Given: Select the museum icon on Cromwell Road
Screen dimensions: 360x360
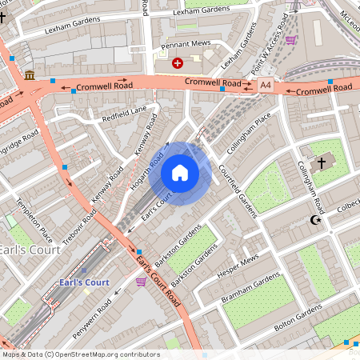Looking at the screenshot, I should click(x=30, y=75).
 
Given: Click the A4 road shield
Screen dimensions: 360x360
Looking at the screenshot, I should click(x=266, y=84).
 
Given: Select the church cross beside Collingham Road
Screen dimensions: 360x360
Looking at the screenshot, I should click(x=322, y=163).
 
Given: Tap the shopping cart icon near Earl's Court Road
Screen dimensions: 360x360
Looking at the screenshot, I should click(x=141, y=282).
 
